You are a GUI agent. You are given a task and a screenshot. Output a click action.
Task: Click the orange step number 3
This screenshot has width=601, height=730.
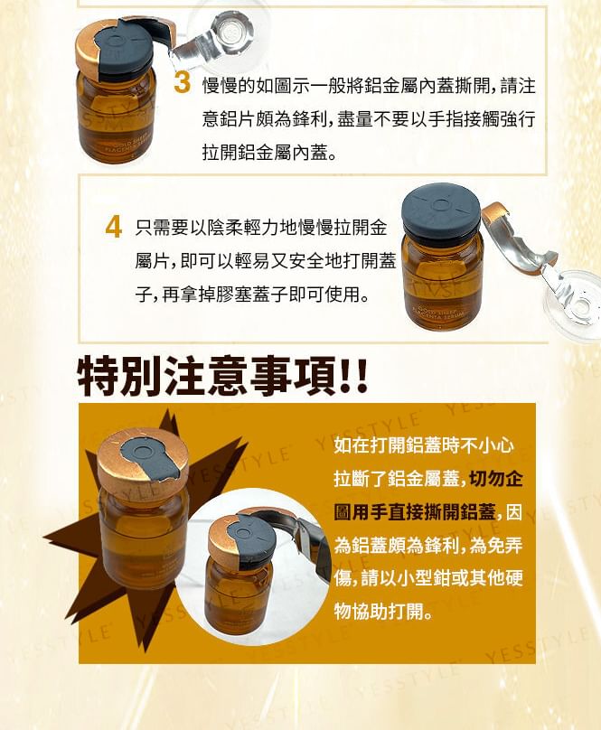tap(183, 83)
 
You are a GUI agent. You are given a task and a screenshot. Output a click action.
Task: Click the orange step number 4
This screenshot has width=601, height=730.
tap(114, 227)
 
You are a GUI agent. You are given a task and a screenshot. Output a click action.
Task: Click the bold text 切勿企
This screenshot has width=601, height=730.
tap(495, 479)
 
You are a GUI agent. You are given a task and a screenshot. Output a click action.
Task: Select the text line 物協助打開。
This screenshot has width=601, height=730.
tap(383, 611)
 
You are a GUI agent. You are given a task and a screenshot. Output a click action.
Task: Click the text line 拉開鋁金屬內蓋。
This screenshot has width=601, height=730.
tap(270, 152)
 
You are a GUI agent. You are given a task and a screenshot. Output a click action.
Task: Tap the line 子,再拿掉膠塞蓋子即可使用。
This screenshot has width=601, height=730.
tap(252, 294)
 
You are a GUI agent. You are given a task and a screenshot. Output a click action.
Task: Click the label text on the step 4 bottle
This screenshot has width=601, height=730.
tap(436, 313)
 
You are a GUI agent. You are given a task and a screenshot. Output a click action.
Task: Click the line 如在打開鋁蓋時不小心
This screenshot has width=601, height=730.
tap(424, 445)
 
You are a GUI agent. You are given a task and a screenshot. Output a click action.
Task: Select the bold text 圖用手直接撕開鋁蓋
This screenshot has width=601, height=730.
tap(415, 512)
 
